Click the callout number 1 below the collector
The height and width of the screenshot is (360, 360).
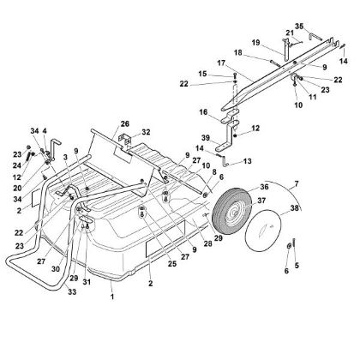[x=111, y=297]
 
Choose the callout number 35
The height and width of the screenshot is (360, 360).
[x=299, y=27]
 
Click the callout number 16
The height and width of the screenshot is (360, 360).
[x=203, y=111]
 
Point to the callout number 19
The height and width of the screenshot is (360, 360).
[x=255, y=42]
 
